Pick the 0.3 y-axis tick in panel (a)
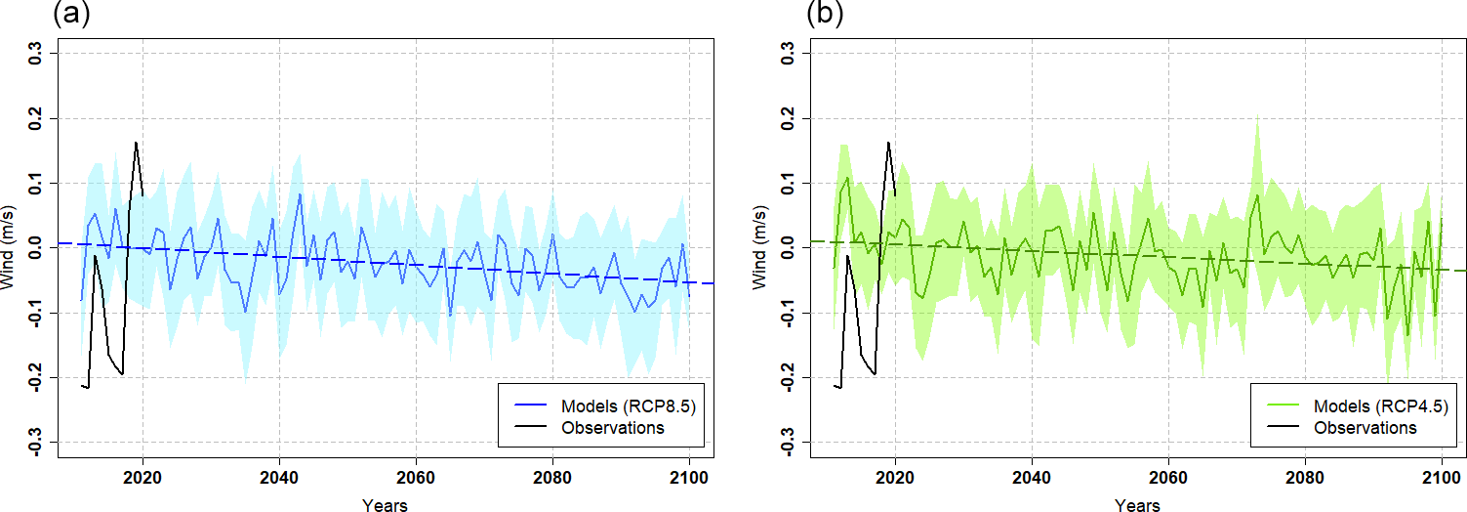(x=38, y=53)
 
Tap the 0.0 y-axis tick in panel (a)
(x=38, y=248)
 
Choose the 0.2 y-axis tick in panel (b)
(x=791, y=118)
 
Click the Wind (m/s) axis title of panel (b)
(x=762, y=248)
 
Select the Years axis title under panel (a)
(x=385, y=504)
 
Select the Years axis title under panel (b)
(x=1137, y=504)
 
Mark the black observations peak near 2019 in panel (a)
(x=136, y=143)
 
